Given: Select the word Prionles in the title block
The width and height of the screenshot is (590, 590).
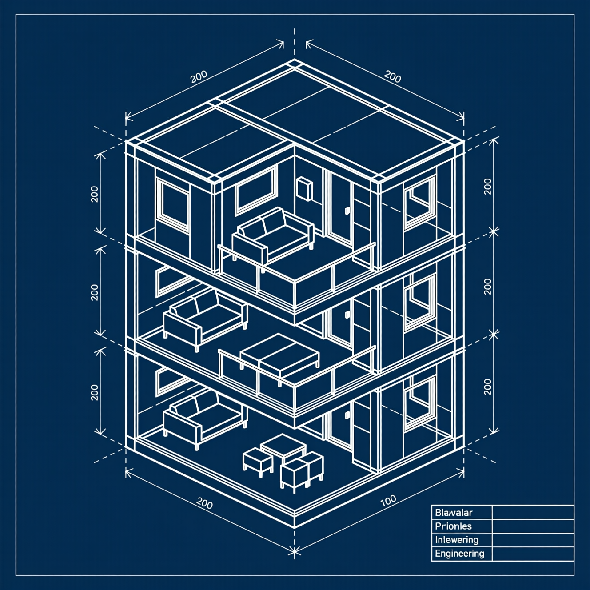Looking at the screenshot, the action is point(453,526).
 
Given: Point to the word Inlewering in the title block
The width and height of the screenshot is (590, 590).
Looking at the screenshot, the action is point(457,540).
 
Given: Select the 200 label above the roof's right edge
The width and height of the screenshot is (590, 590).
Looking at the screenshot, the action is point(392,76).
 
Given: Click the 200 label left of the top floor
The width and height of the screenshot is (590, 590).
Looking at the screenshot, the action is point(95,194).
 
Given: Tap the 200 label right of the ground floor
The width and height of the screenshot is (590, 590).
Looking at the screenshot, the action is point(488,387).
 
